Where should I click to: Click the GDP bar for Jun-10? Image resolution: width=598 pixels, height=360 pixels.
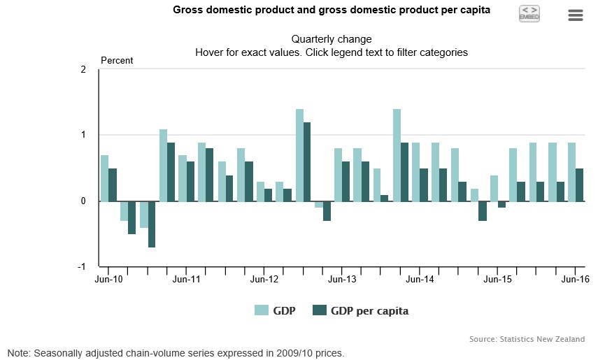pos(104,178)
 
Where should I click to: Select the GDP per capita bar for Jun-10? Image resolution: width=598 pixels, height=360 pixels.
pos(113,185)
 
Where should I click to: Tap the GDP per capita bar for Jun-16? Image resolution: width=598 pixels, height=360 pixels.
pos(579,185)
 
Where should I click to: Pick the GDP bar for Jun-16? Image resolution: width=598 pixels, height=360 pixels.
pos(571,172)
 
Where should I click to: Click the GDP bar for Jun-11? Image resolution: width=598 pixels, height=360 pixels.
pos(183,178)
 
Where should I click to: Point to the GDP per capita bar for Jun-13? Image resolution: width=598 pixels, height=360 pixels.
pos(346,182)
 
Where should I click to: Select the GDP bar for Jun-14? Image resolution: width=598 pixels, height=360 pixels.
pos(416,172)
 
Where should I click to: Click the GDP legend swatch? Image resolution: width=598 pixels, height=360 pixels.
pos(262,311)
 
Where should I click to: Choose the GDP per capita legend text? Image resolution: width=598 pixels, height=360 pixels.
pos(369,311)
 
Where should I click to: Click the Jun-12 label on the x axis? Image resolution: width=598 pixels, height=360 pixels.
pos(264,279)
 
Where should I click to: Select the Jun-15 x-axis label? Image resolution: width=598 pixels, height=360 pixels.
pos(498,279)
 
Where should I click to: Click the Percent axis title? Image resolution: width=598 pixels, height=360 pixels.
pos(117,61)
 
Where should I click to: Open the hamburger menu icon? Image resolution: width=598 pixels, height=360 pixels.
pos(576,15)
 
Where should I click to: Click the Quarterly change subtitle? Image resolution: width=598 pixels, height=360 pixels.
pos(332,39)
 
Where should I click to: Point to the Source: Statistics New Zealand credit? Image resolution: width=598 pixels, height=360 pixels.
pos(527,339)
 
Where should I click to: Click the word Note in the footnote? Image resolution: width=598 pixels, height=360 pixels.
pos(19,353)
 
